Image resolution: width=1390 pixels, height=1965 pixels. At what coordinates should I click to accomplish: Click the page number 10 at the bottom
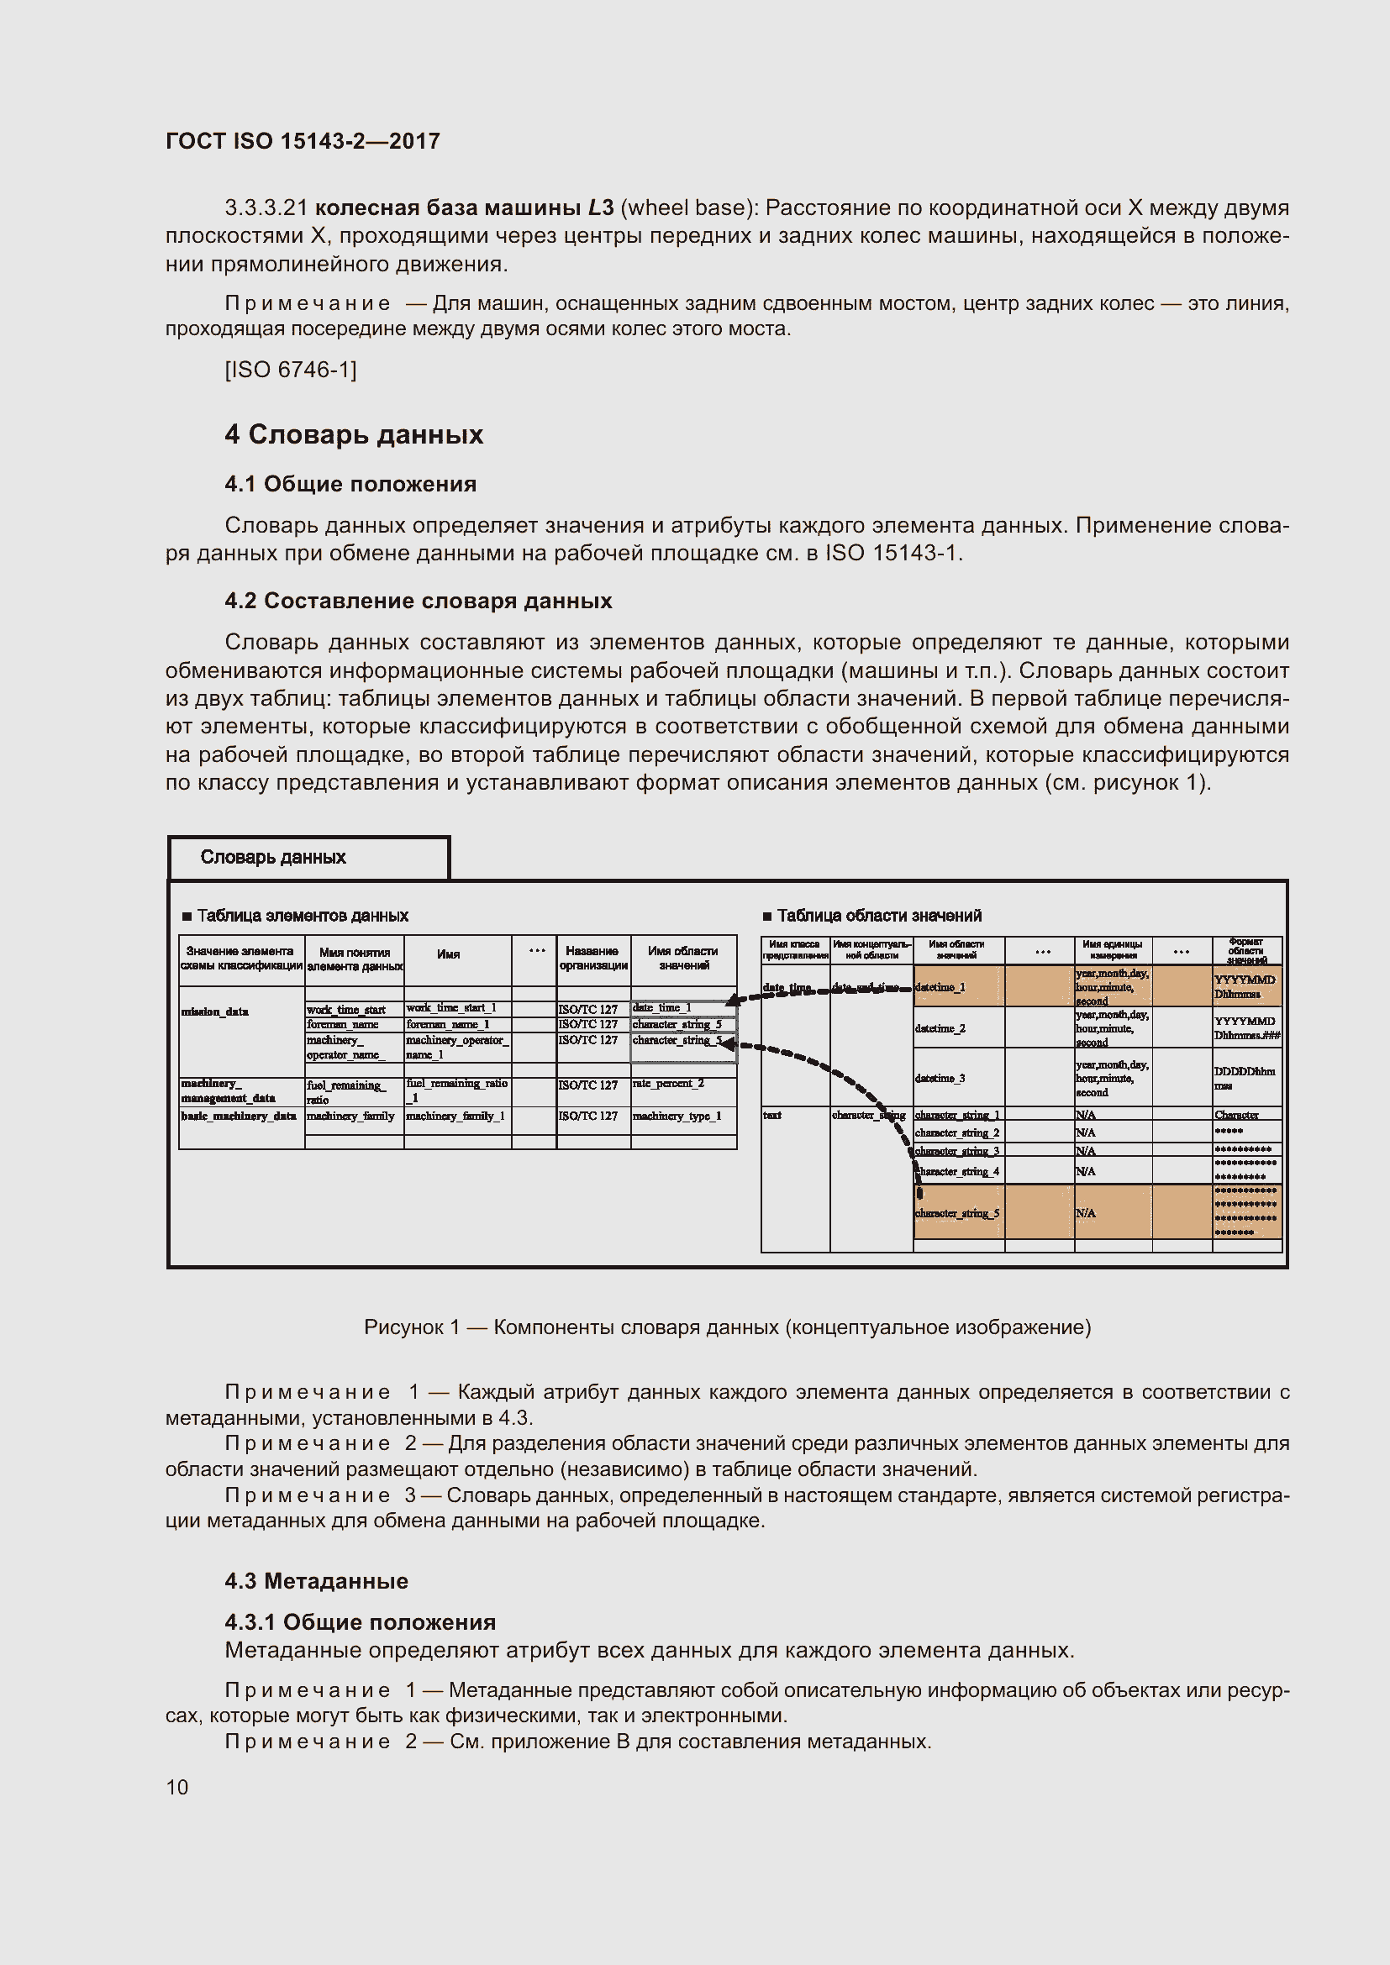(177, 1787)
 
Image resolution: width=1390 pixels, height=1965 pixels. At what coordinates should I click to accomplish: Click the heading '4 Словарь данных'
(354, 435)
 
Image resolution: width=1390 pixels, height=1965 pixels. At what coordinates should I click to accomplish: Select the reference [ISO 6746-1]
(290, 370)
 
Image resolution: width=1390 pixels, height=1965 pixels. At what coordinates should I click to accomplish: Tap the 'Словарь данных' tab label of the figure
(273, 857)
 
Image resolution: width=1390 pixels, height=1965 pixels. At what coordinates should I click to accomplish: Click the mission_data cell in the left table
(215, 1011)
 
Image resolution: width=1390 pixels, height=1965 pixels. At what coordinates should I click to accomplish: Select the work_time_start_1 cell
(451, 1007)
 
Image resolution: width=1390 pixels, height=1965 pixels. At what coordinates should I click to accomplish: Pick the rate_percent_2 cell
(668, 1084)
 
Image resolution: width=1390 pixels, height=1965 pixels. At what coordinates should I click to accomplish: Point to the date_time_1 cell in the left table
(661, 1007)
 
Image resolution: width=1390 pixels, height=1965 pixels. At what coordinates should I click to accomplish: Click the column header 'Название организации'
(592, 958)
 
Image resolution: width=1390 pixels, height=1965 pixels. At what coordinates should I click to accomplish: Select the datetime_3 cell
(940, 1079)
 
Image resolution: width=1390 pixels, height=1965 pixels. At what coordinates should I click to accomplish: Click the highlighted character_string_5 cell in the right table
(957, 1214)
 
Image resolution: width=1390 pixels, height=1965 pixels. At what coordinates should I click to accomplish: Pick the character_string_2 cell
(957, 1133)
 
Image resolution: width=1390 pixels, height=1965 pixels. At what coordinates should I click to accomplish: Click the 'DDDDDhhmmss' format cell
(1245, 1078)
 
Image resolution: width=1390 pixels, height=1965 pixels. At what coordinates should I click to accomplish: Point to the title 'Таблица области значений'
(879, 916)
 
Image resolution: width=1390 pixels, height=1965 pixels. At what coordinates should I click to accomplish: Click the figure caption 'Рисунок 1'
(727, 1327)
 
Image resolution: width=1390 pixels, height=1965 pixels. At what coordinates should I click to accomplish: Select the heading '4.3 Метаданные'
(317, 1582)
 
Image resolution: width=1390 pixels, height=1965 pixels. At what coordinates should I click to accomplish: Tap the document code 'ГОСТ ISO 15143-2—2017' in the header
(303, 141)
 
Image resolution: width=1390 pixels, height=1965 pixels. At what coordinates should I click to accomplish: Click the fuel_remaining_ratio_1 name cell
(456, 1090)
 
